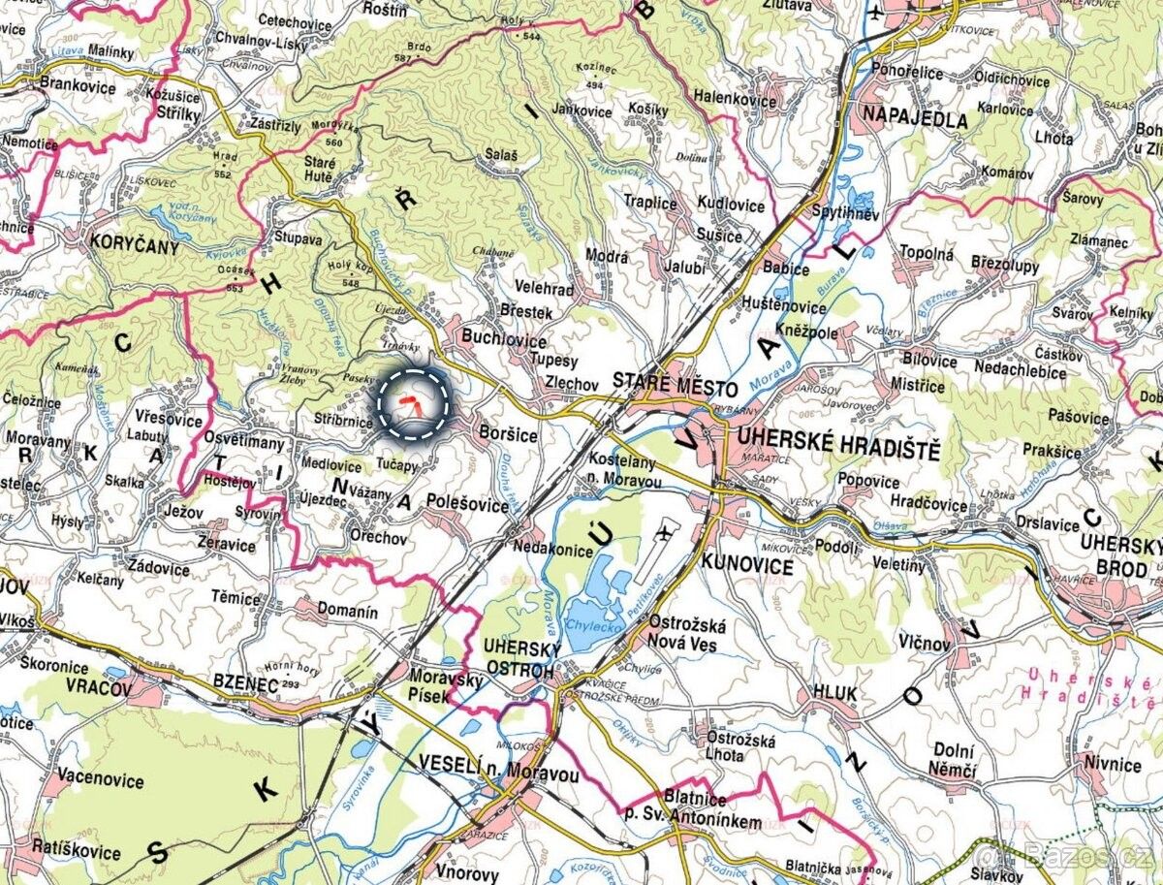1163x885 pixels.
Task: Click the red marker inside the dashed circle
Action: [413, 404]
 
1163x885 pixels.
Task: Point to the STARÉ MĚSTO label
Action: [675, 386]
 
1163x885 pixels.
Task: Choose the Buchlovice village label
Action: [504, 341]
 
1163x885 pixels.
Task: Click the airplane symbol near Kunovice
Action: [664, 532]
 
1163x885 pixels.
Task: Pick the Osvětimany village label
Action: [242, 443]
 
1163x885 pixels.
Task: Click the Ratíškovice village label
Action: [76, 853]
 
